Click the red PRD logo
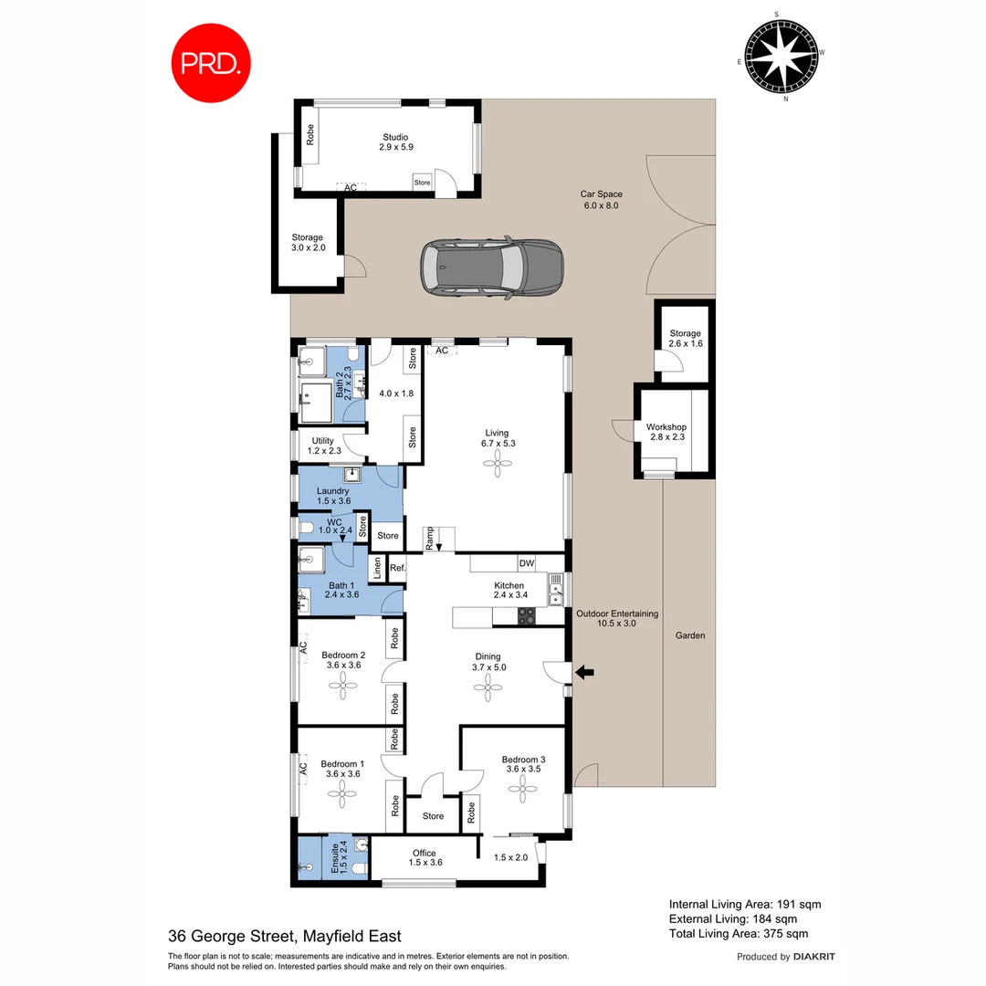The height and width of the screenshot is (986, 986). (211, 63)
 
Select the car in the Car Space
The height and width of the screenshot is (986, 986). (491, 268)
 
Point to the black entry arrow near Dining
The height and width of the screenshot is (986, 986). (584, 673)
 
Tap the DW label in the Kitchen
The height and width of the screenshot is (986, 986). (526, 563)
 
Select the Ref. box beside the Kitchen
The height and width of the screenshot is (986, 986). (397, 568)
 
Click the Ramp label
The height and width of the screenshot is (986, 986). (429, 540)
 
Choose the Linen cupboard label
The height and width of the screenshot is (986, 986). (376, 568)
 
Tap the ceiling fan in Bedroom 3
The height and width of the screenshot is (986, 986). (523, 792)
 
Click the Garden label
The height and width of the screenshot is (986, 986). (690, 635)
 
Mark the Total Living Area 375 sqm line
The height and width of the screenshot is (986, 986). (738, 933)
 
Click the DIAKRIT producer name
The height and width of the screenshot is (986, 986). (813, 957)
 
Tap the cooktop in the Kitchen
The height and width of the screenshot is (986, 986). (527, 616)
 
